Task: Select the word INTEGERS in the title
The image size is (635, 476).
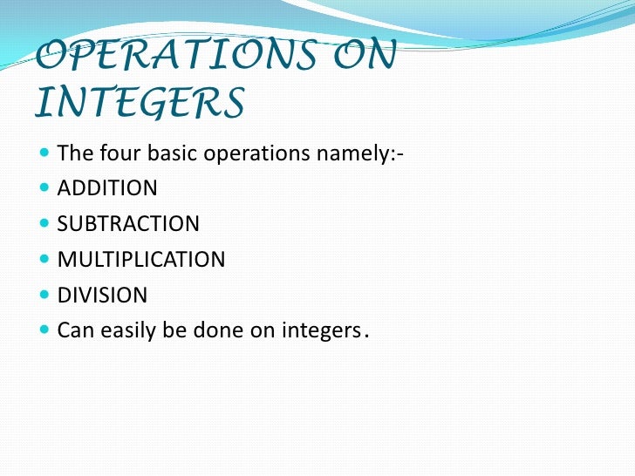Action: (x=140, y=104)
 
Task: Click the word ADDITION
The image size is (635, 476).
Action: (x=107, y=188)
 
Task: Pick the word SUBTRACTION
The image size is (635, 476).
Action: (x=128, y=224)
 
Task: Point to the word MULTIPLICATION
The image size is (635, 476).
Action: (x=141, y=260)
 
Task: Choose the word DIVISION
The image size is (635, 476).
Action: (x=102, y=296)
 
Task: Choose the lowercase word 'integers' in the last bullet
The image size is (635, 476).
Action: (x=317, y=332)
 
